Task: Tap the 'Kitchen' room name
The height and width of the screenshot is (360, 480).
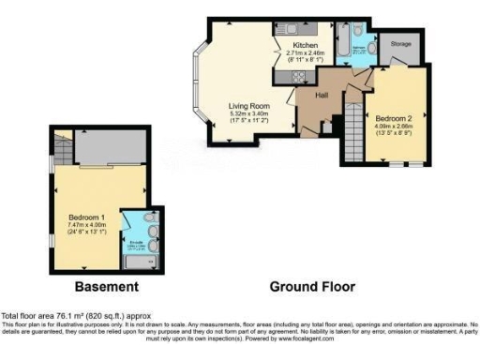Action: click(x=306, y=45)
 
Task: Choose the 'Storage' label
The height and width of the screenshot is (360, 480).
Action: click(x=401, y=43)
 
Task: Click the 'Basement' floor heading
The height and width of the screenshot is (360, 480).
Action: click(x=107, y=286)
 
